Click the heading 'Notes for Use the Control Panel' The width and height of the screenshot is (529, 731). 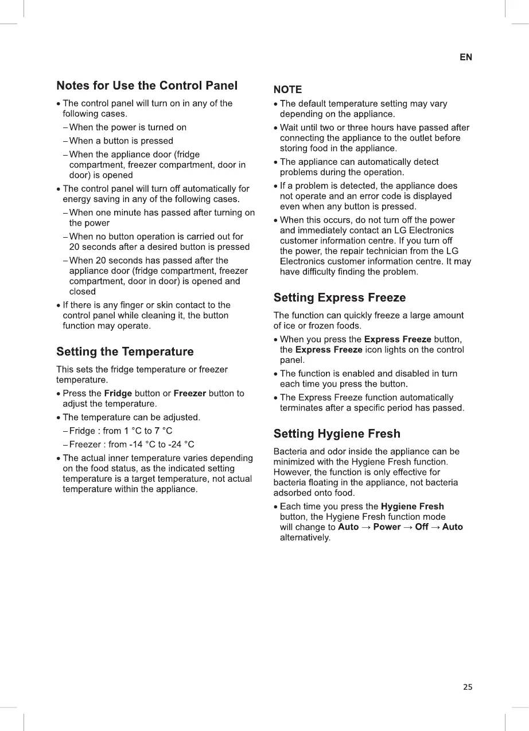tap(147, 86)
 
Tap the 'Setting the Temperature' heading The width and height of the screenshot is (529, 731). tap(125, 351)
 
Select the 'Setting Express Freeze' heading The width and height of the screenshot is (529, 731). tap(340, 297)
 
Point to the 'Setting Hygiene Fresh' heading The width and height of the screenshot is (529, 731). tap(337, 434)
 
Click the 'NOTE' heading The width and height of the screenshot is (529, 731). tap(287, 90)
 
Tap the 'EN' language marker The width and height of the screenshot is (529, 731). tap(466, 57)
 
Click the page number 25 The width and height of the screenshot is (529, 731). tap(468, 687)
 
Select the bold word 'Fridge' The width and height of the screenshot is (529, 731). tap(118, 393)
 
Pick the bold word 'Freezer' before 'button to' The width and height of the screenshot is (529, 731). tap(189, 393)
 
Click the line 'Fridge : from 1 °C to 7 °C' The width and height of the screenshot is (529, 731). tap(120, 431)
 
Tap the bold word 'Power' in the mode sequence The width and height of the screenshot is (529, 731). tap(387, 527)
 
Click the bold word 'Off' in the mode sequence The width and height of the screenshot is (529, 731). tap(422, 527)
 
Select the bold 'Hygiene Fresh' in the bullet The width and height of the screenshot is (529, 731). tap(413, 506)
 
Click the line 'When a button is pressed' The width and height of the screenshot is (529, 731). tap(121, 141)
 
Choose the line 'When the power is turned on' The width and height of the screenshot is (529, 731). tap(128, 127)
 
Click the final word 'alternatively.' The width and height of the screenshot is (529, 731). tap(305, 538)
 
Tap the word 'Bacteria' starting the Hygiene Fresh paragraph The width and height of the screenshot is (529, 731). tap(291, 452)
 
